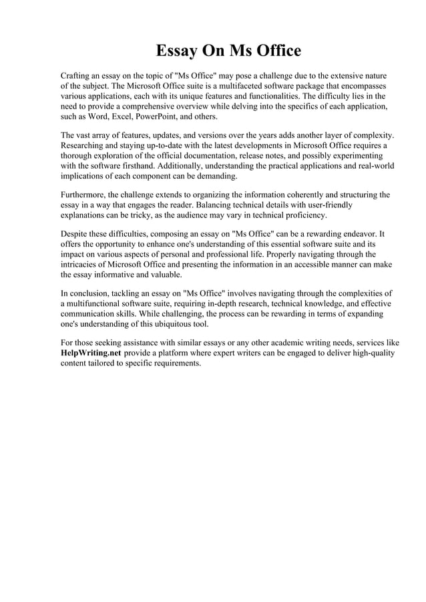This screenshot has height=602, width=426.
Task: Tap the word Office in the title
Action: click(x=274, y=51)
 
